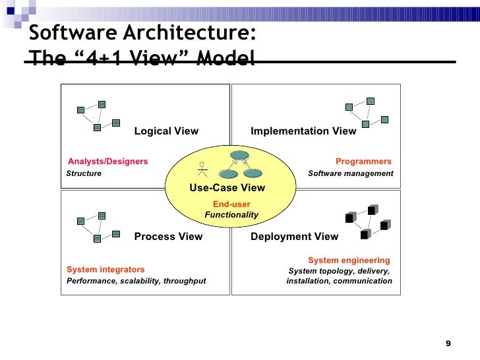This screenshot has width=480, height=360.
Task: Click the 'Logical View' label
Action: pyautogui.click(x=166, y=131)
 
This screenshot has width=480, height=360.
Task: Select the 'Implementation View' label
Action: pyautogui.click(x=303, y=131)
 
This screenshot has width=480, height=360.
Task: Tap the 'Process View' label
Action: pyautogui.click(x=168, y=237)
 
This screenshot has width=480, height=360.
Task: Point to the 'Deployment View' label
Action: pyautogui.click(x=294, y=237)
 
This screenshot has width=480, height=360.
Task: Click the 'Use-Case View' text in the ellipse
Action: pyautogui.click(x=227, y=188)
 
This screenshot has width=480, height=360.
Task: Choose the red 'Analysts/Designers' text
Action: pyautogui.click(x=107, y=162)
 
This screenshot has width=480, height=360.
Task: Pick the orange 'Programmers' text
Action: pyautogui.click(x=363, y=162)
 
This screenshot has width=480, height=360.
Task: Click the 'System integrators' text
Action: pyautogui.click(x=105, y=270)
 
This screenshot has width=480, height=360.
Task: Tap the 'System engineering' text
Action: pyautogui.click(x=349, y=260)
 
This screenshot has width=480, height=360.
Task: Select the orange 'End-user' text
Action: pyautogui.click(x=231, y=204)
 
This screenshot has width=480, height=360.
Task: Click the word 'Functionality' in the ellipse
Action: pyautogui.click(x=231, y=215)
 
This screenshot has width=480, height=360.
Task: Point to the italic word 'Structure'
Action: pyautogui.click(x=84, y=173)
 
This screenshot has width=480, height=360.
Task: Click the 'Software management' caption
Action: pyautogui.click(x=350, y=173)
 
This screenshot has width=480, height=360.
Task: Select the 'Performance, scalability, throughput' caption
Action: pyautogui.click(x=136, y=281)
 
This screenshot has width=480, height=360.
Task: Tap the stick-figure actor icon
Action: pyautogui.click(x=202, y=169)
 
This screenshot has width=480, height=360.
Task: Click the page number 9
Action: pyautogui.click(x=448, y=344)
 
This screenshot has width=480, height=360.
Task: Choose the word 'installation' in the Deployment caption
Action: pyautogui.click(x=307, y=281)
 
